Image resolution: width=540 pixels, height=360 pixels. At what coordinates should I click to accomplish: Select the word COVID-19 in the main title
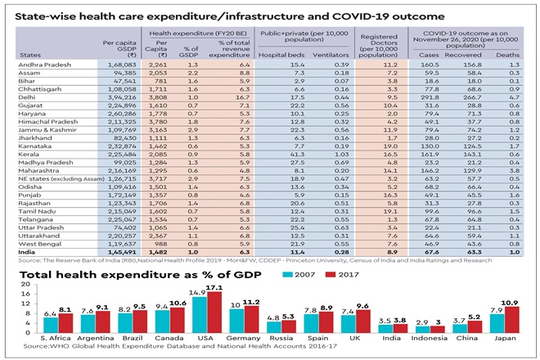[x=322, y=16]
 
